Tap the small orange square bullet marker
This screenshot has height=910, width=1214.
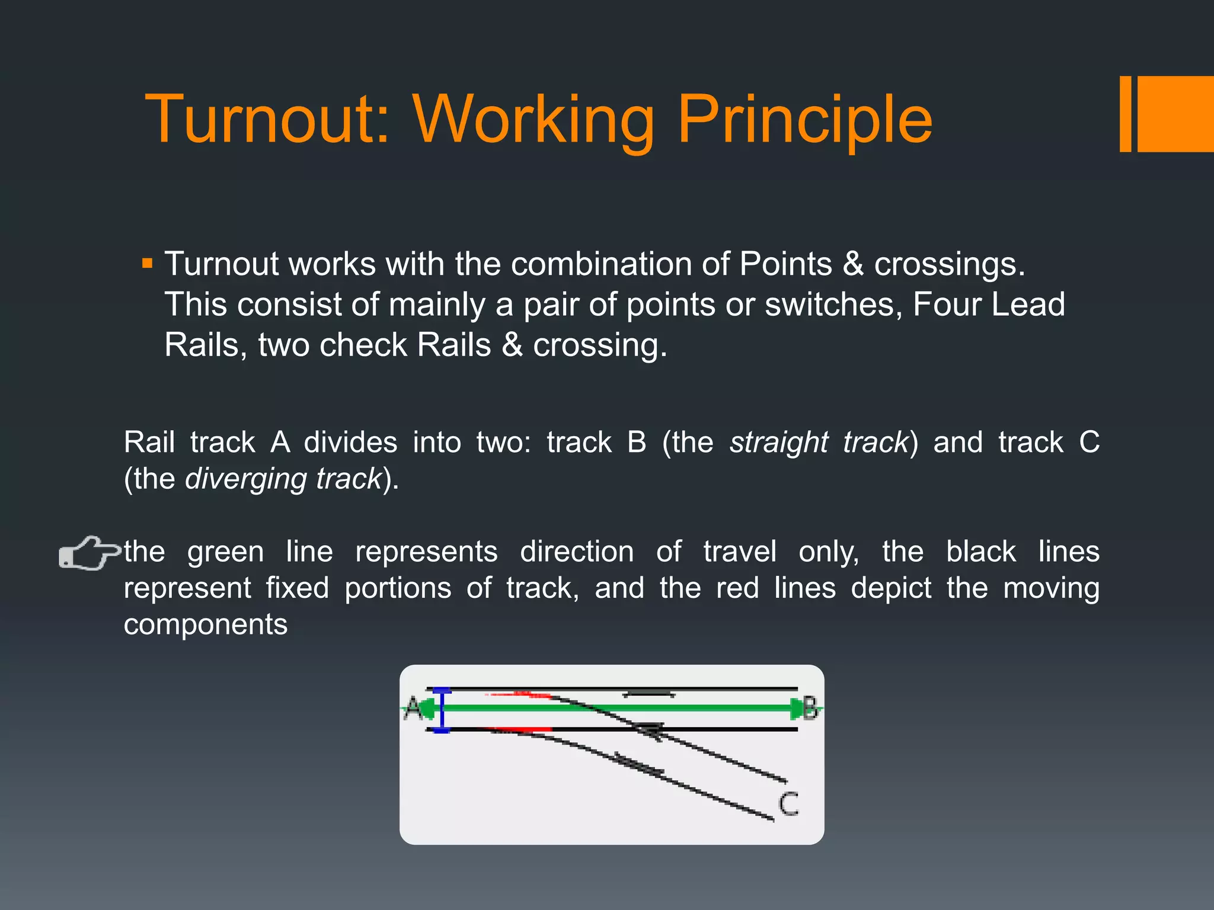148,263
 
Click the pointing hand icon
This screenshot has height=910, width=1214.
89,553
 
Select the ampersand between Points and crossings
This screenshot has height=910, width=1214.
852,264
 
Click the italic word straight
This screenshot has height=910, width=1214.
778,443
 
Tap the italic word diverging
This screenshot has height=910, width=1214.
245,479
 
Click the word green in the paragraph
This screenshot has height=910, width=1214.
225,552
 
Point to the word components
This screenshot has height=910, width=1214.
205,624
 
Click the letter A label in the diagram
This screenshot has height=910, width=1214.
413,708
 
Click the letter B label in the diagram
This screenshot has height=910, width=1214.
810,708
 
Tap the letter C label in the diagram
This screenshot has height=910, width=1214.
788,804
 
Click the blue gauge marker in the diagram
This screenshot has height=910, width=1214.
442,710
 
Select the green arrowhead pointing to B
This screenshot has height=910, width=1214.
796,708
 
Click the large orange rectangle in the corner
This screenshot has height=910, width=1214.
1175,114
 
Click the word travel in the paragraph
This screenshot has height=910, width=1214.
739,552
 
